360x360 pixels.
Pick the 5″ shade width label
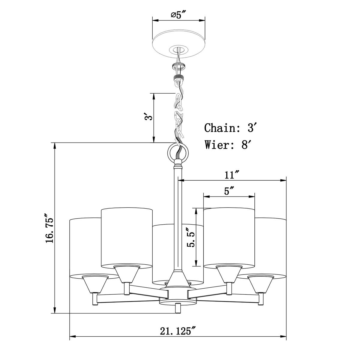[x=229, y=191]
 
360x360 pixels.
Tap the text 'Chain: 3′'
[x=229, y=128]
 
